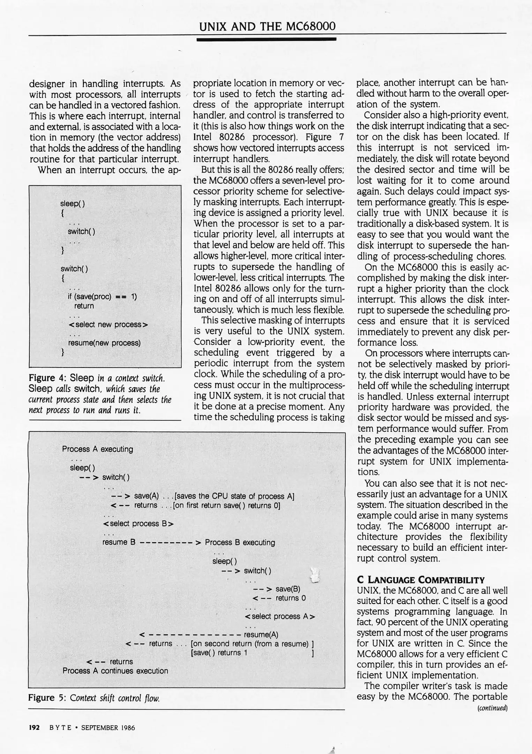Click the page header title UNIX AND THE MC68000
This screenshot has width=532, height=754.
coord(267,26)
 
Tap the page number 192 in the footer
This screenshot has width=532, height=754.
coord(34,728)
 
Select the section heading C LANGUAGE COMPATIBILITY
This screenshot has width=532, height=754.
coord(420,580)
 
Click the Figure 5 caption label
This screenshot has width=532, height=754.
coord(47,698)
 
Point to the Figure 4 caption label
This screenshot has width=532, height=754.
coord(47,378)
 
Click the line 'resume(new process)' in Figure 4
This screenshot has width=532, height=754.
coord(104,343)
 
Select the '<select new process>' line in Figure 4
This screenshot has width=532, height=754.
coord(108,325)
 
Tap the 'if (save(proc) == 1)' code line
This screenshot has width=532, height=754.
coord(102,297)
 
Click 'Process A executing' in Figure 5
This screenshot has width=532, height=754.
coord(97,449)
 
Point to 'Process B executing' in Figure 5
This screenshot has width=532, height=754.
coord(240,542)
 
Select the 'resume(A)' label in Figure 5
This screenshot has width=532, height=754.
coord(261,634)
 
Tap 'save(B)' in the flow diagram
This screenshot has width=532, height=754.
coord(288,589)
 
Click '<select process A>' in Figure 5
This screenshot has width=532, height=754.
coord(280,616)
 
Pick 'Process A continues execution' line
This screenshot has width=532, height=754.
coord(115,671)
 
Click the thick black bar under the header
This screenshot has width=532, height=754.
coord(266,39)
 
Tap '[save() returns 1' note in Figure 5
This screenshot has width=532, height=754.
coord(219,652)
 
